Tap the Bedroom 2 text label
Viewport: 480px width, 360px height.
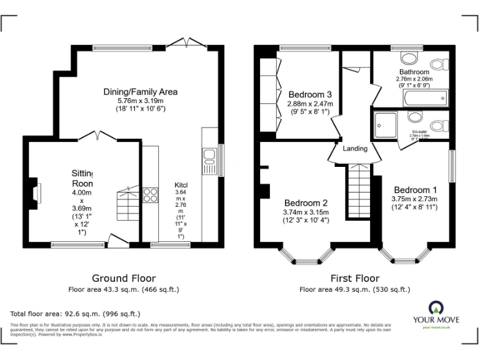[306, 203]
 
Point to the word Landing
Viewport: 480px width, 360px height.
[354, 148]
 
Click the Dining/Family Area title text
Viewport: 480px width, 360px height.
[140, 92]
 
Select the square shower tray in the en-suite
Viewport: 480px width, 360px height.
[387, 124]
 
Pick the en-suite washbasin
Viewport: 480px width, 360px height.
[414, 117]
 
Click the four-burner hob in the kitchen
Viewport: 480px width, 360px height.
[150, 195]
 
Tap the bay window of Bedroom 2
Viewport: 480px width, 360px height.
[306, 256]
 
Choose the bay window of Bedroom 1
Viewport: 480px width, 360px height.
[406, 256]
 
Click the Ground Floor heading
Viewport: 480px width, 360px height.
[124, 278]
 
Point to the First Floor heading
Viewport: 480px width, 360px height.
[354, 278]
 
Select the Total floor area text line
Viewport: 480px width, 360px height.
[76, 314]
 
